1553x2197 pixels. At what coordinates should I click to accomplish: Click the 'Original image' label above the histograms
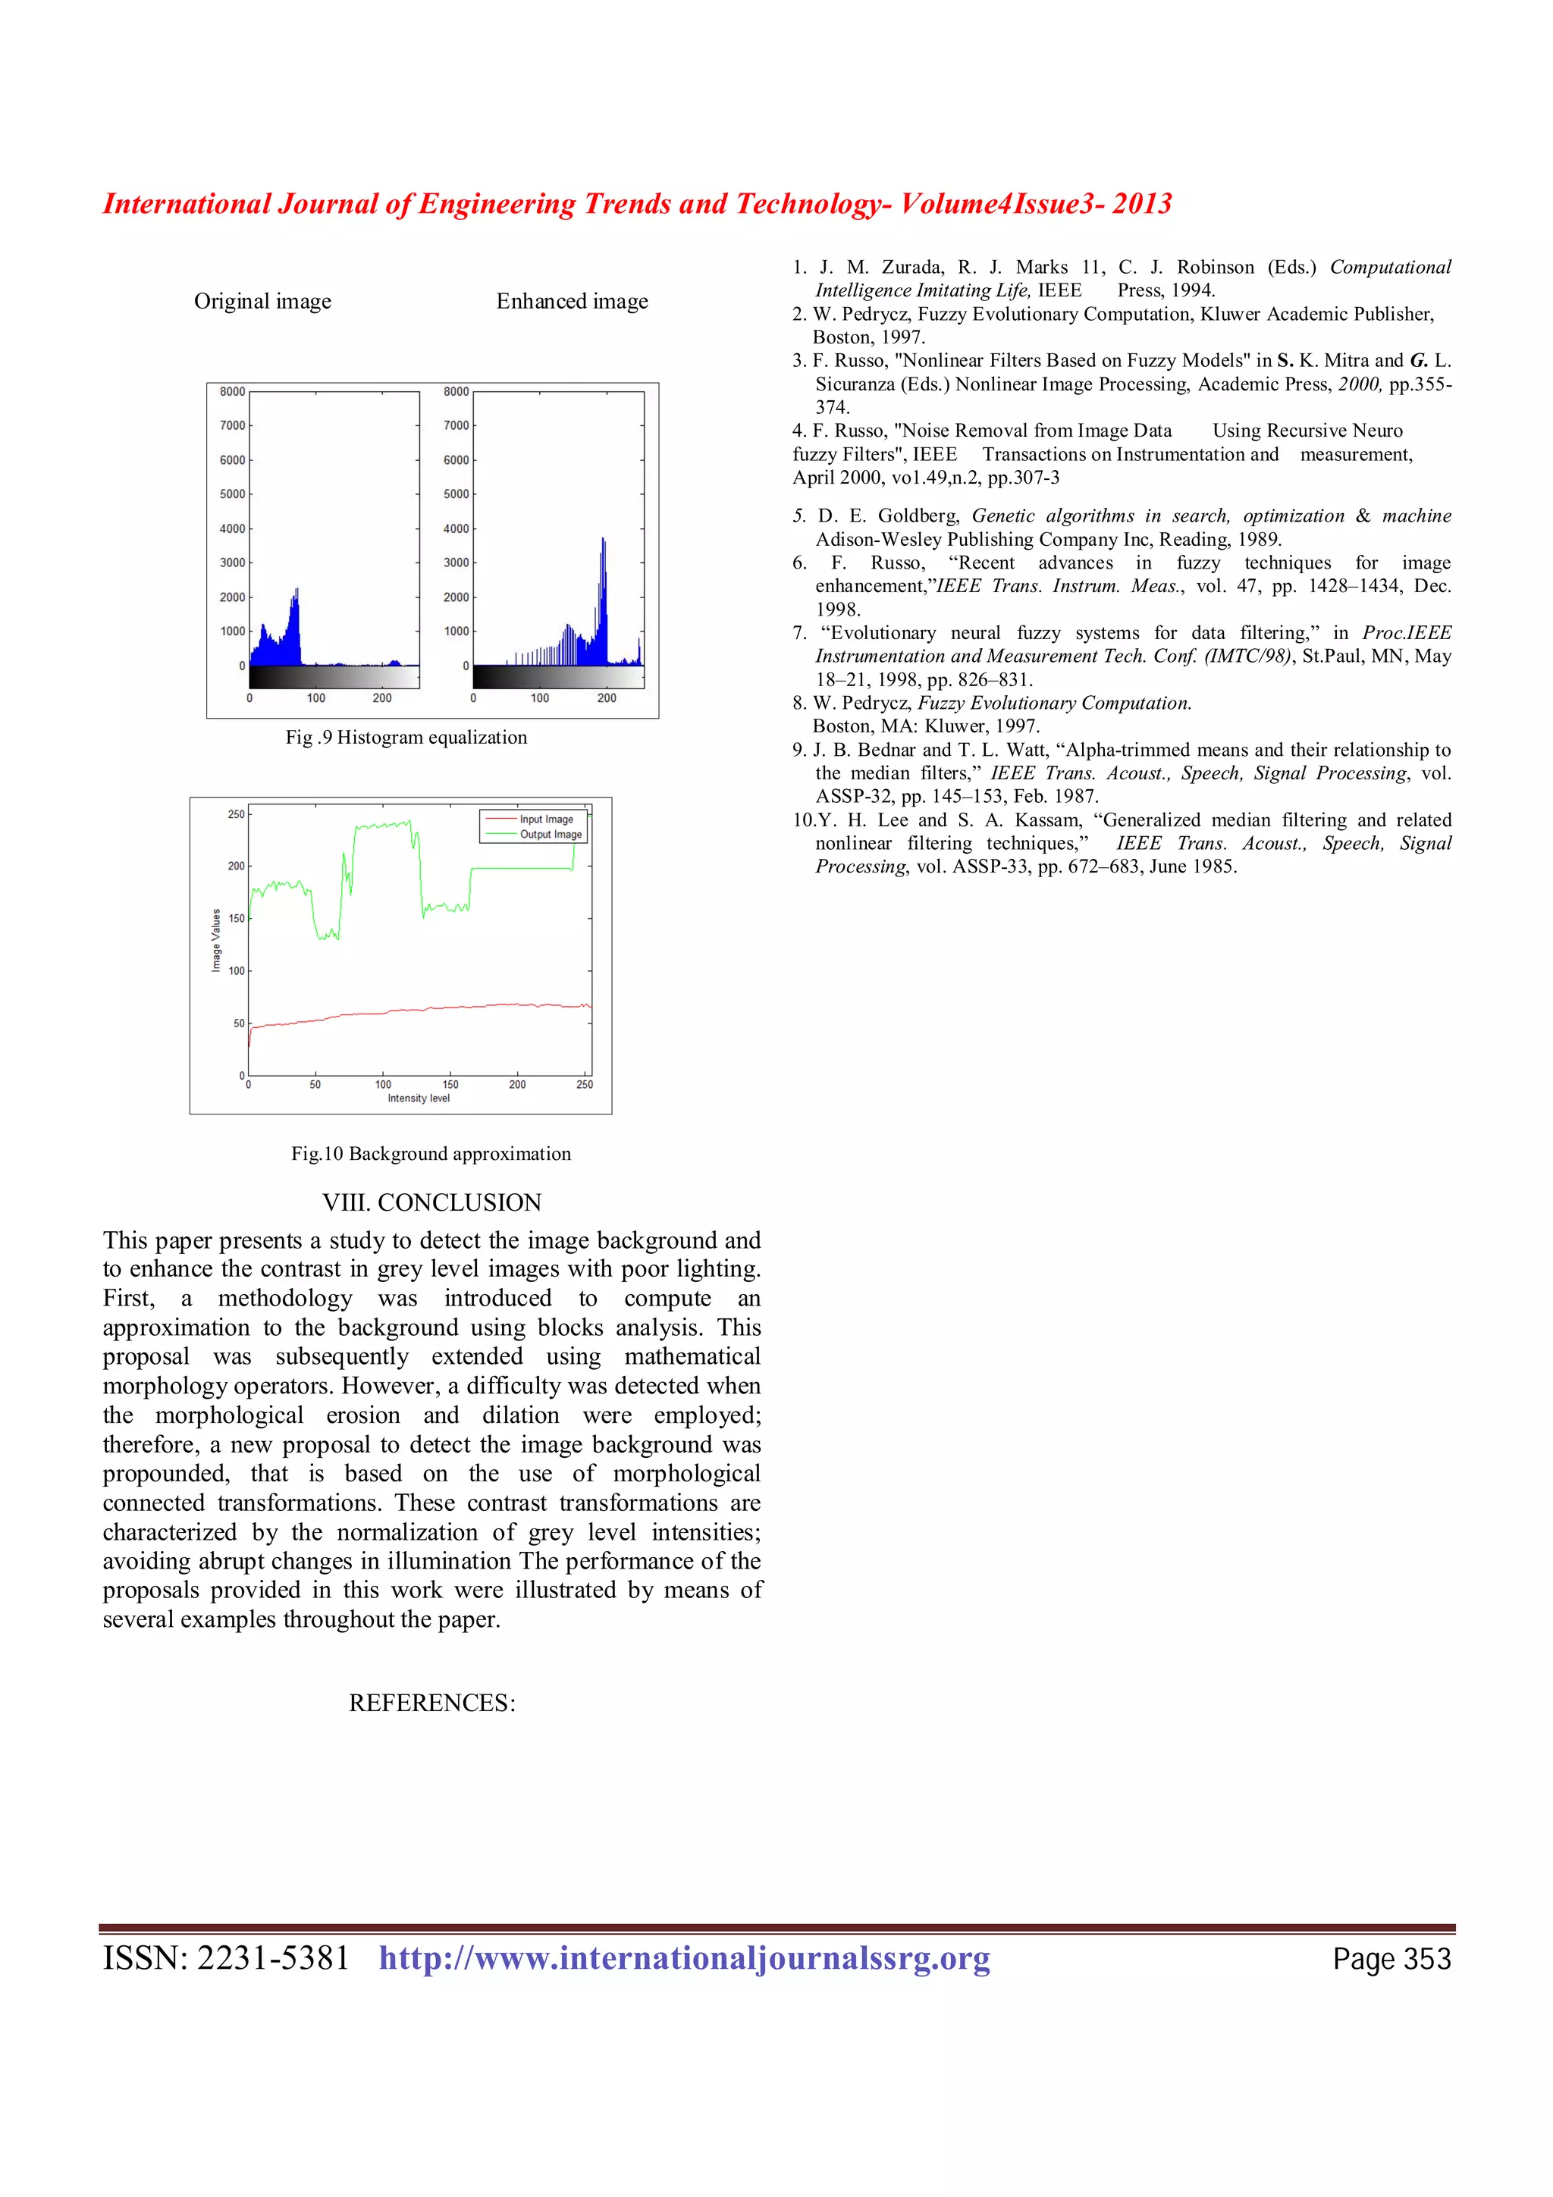(x=262, y=302)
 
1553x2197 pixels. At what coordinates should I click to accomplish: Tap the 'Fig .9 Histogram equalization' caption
(x=406, y=737)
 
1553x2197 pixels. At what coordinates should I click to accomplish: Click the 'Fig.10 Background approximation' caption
(x=431, y=1153)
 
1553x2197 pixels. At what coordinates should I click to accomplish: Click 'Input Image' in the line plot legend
(x=547, y=819)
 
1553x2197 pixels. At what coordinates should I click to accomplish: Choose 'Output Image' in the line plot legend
(x=551, y=835)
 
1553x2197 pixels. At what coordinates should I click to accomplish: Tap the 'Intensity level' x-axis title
(x=418, y=1098)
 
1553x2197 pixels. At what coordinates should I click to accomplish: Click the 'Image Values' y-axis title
(x=216, y=941)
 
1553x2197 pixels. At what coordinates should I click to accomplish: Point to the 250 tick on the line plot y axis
(x=235, y=814)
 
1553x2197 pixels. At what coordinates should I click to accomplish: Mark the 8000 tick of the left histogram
(x=233, y=391)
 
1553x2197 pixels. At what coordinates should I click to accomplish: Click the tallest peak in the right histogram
(x=603, y=540)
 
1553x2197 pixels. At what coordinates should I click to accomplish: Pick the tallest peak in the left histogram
(x=297, y=590)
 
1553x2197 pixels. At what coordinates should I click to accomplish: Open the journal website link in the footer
(x=684, y=1959)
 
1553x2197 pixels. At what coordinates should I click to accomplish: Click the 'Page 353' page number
(x=1391, y=1960)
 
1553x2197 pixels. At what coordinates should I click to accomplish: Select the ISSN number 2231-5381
(x=273, y=1959)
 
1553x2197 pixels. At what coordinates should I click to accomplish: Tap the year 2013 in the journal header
(x=1141, y=204)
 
